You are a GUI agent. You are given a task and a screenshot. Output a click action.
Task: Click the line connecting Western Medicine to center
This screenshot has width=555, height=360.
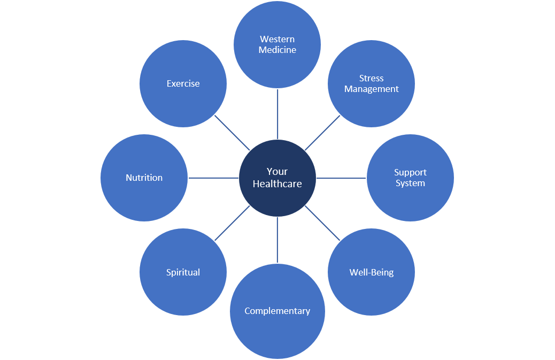(277, 114)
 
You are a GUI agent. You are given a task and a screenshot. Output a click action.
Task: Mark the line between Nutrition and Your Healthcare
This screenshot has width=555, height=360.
(213, 178)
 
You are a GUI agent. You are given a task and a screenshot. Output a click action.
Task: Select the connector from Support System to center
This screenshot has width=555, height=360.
(342, 178)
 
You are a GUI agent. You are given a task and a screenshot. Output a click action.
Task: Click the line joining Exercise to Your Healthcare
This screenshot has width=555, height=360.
(233, 133)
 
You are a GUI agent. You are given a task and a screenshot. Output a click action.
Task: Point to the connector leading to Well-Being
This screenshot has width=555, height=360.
(322, 223)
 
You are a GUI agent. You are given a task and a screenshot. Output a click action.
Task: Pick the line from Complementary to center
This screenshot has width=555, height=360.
(277, 240)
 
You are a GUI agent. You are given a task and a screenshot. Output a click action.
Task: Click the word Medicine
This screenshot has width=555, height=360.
(277, 50)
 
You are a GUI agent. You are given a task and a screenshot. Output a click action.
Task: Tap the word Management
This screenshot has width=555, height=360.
(371, 89)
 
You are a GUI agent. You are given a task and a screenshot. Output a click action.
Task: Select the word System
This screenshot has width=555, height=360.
(410, 183)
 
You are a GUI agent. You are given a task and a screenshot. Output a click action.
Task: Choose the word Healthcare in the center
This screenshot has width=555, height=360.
(277, 183)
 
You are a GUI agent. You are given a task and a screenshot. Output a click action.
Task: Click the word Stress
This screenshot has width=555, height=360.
(371, 78)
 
